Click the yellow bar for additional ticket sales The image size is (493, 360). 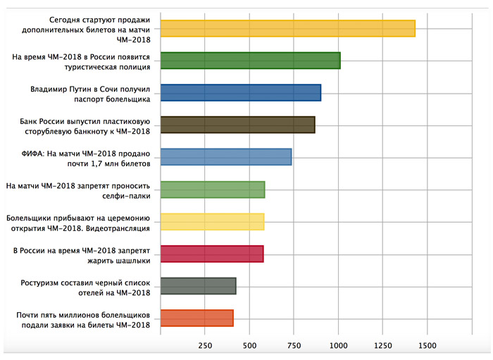(x=287, y=28)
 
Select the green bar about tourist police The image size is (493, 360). (x=250, y=61)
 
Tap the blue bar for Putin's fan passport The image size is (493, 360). (x=240, y=93)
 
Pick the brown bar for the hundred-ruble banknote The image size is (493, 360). (x=237, y=125)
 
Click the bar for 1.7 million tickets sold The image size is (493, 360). (x=225, y=157)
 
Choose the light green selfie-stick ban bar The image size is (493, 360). (x=213, y=190)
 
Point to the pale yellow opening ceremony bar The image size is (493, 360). (x=212, y=222)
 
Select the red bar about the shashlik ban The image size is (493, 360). (x=212, y=254)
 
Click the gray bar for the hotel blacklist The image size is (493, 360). (x=198, y=286)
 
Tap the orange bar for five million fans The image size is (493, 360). (x=196, y=318)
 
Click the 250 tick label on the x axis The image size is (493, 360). (x=205, y=346)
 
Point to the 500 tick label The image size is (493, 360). (x=249, y=346)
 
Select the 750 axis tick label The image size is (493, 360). (x=294, y=346)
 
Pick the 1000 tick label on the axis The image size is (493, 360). (x=339, y=346)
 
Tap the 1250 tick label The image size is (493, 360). (x=383, y=346)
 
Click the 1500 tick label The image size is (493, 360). (x=428, y=346)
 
